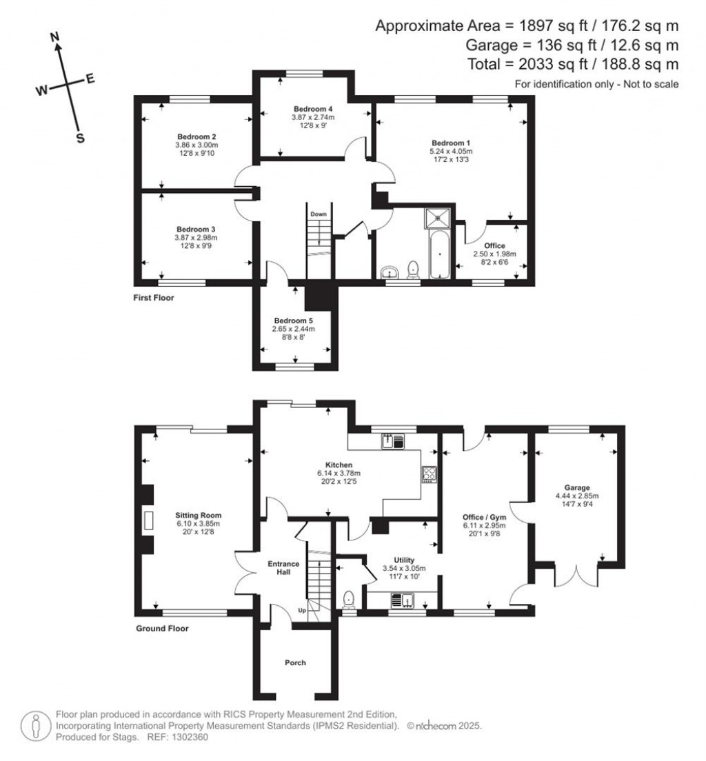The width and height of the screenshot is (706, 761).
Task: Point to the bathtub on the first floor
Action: tap(439, 254)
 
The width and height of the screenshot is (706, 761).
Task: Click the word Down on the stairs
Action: tap(318, 214)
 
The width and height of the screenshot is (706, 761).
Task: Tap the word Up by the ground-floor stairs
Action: tap(301, 611)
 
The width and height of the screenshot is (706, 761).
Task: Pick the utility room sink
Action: tap(400, 601)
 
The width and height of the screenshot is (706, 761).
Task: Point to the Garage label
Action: tap(576, 487)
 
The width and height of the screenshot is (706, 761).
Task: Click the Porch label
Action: tap(295, 662)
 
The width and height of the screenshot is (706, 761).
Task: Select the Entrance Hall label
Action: tap(283, 567)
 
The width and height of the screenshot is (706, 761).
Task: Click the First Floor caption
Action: tap(154, 298)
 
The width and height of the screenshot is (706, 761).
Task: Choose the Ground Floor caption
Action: tap(162, 628)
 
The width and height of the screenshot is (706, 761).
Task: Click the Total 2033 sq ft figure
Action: tap(528, 64)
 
